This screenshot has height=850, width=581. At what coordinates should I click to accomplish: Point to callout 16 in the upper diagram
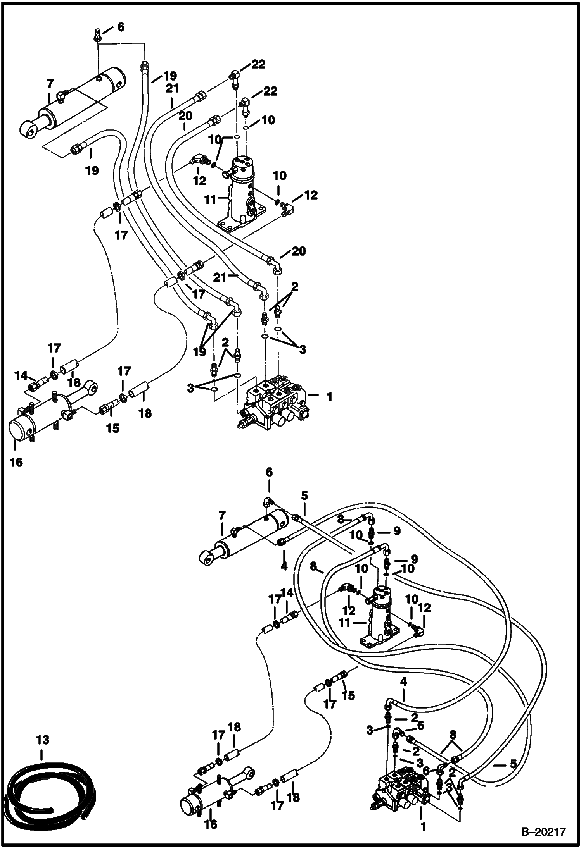tap(17, 462)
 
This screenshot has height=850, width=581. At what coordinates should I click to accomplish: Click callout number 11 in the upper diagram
tap(210, 200)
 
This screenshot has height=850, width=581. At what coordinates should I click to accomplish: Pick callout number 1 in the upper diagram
tap(329, 397)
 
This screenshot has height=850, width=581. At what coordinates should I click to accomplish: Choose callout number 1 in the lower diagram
tap(423, 824)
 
